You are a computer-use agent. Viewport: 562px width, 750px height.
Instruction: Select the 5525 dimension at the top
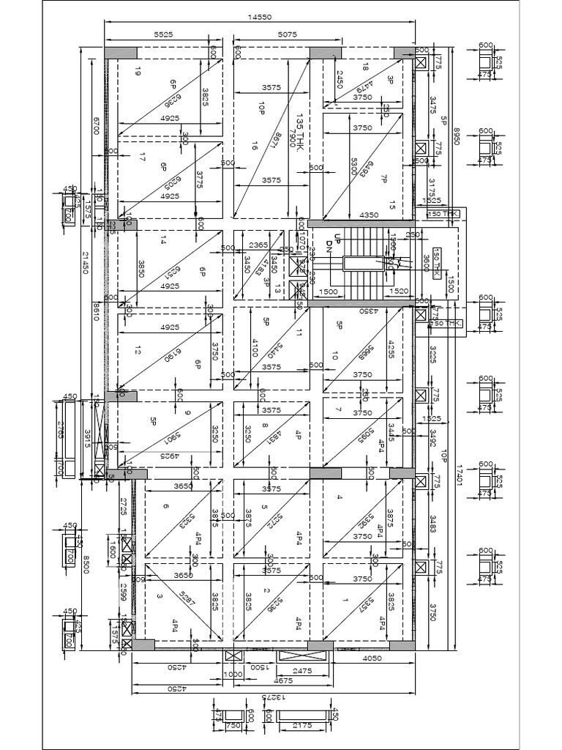click(162, 34)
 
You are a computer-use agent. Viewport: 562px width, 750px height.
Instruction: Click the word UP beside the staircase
click(337, 239)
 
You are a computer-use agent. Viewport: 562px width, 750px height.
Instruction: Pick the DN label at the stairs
click(329, 248)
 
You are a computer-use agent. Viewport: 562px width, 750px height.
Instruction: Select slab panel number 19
click(137, 70)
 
